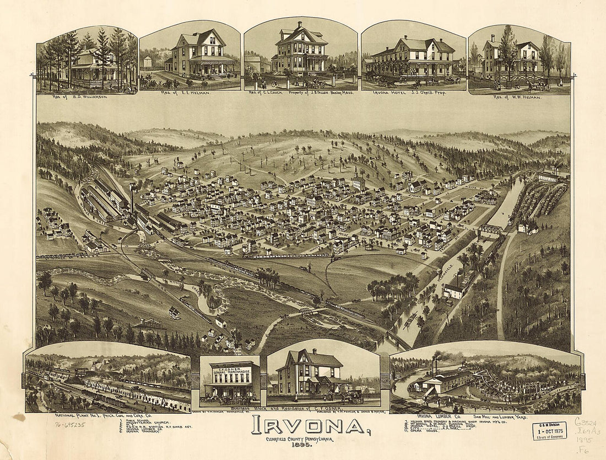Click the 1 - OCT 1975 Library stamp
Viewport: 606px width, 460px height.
549,430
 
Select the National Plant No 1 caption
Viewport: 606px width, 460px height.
107,415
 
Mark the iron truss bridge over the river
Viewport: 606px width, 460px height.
491,228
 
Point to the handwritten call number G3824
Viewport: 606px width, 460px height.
588,420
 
